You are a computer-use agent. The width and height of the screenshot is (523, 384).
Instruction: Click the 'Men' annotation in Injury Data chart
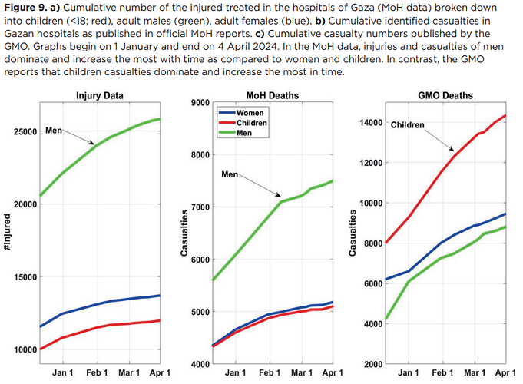54,131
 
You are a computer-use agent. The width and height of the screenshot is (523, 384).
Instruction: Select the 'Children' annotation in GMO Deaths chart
407,124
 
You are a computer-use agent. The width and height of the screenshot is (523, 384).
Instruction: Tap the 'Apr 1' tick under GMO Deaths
505,372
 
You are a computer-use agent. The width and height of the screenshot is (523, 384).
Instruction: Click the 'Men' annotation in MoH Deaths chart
230,175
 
